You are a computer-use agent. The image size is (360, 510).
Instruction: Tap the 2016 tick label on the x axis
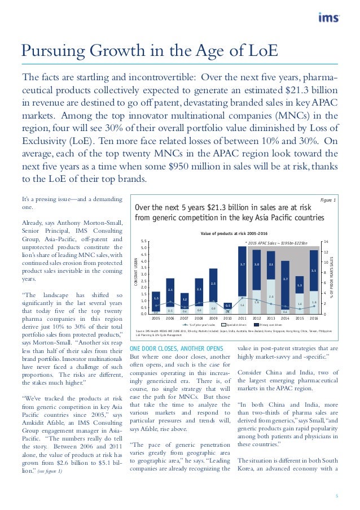click(314, 319)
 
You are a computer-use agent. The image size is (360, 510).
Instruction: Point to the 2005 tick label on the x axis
click(156, 319)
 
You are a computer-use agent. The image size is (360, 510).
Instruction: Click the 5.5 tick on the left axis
click(145, 241)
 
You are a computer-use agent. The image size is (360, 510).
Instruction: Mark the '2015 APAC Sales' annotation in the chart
click(276, 243)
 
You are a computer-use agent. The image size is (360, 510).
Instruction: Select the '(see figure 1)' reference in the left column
click(50, 472)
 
